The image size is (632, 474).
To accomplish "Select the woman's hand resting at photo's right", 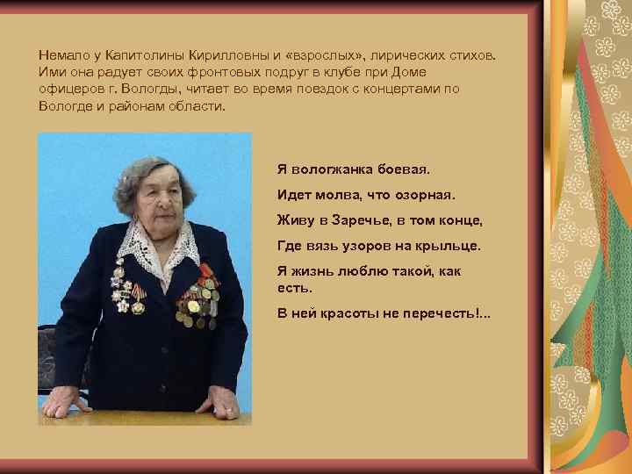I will [x=218, y=406].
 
